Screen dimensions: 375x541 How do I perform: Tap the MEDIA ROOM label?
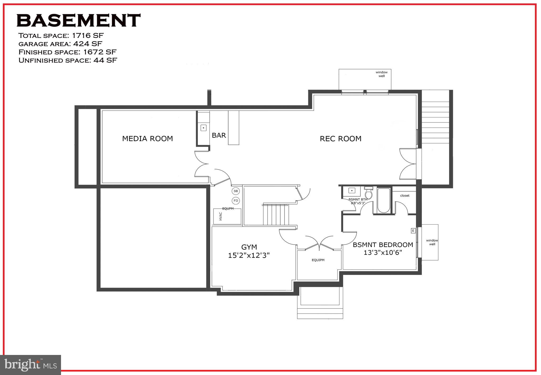tap(147, 139)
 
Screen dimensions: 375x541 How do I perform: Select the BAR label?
tap(219, 135)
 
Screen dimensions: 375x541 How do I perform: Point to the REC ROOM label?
tap(341, 139)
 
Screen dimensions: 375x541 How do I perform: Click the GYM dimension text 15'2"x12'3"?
tap(249, 255)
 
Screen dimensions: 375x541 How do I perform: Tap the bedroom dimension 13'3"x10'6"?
tap(383, 253)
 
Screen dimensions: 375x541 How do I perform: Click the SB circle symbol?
tap(236, 191)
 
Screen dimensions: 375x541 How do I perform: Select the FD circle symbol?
tap(236, 201)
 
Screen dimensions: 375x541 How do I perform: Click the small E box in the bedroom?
tap(413, 231)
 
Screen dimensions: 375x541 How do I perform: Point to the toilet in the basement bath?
tap(369, 193)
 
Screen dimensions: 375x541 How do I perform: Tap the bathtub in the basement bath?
tap(384, 200)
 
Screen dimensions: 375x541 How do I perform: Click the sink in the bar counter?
tap(203, 128)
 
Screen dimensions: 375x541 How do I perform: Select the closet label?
tap(405, 196)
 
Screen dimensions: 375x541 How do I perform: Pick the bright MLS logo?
tap(31, 365)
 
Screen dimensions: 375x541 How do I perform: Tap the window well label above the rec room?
tap(381, 74)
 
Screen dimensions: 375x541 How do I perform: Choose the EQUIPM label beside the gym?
tap(318, 260)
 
